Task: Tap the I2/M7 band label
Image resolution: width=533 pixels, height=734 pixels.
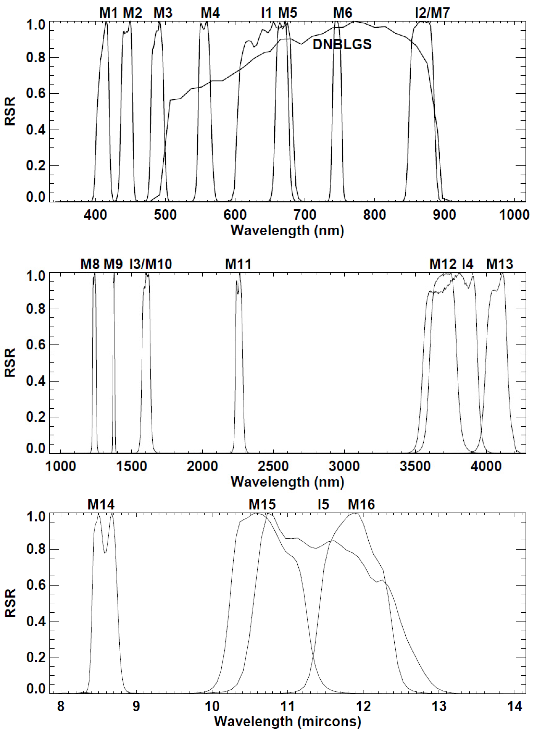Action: tap(432, 13)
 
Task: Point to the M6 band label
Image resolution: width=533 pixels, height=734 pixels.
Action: tap(343, 13)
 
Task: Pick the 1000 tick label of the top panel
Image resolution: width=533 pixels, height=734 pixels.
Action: tap(514, 215)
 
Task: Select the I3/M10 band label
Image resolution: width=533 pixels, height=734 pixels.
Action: tap(151, 264)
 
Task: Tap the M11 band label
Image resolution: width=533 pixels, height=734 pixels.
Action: tap(238, 264)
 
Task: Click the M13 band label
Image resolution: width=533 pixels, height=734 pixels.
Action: tap(500, 264)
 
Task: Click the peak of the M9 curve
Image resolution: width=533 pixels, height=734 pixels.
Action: tap(114, 275)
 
